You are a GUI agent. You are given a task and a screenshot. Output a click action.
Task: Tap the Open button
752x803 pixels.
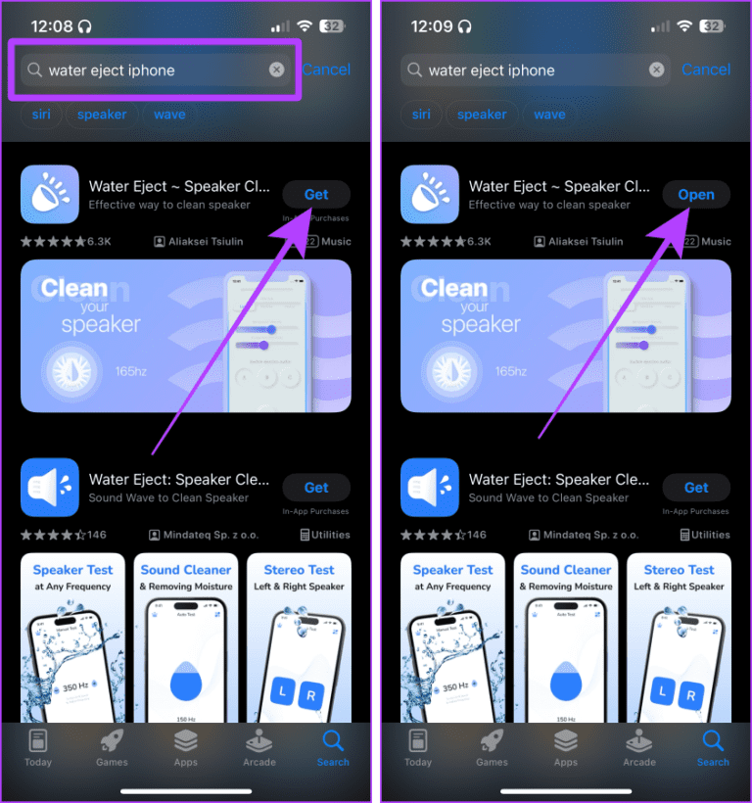coord(696,194)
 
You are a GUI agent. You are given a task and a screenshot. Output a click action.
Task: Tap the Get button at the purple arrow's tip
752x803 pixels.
coord(316,194)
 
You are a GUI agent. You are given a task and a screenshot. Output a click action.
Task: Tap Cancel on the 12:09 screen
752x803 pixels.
coord(705,70)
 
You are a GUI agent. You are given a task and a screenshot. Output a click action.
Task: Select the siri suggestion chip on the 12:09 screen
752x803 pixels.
coord(421,115)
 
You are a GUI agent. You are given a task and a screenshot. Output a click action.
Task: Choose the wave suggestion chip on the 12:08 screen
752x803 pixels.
coord(169,115)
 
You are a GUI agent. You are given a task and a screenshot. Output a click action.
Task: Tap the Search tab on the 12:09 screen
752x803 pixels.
coord(713,748)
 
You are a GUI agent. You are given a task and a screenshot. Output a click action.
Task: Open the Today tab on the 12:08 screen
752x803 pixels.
coord(38,748)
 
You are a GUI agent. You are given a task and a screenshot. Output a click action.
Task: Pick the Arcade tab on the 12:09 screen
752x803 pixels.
coord(639,748)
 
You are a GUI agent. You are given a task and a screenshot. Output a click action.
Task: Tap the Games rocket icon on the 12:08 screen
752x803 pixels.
coord(112,740)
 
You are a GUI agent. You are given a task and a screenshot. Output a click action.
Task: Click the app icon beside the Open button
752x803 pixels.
coord(430,194)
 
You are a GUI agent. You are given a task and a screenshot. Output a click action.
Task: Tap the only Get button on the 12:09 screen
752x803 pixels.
coord(696,487)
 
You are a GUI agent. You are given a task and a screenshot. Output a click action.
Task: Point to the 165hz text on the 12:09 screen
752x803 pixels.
coord(511,372)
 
